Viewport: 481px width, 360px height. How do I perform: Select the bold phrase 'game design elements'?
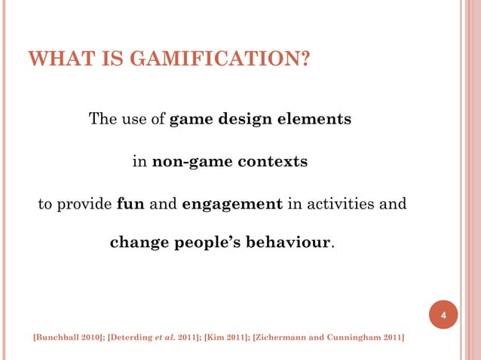[260, 120]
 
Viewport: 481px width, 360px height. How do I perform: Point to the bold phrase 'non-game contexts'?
[230, 162]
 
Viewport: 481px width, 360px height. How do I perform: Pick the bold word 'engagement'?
[232, 204]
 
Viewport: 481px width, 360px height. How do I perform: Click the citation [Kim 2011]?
[225, 337]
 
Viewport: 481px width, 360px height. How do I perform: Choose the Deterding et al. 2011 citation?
[152, 337]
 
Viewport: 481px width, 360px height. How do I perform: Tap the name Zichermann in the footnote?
[286, 337]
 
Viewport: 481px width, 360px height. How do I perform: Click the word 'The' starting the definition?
[102, 120]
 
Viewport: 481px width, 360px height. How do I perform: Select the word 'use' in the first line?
[133, 120]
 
